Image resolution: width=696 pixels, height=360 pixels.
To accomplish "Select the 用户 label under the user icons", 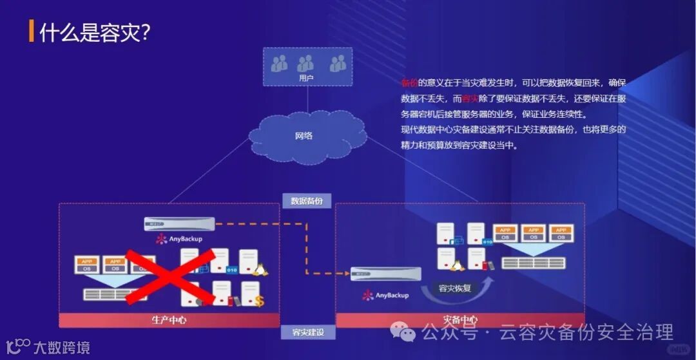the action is pyautogui.click(x=307, y=78).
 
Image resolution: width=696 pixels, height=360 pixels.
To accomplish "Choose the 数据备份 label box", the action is pyautogui.click(x=307, y=201).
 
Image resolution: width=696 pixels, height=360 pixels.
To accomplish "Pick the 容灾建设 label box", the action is pyautogui.click(x=307, y=332).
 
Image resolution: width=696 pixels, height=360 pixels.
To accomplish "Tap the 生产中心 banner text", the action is pyautogui.click(x=168, y=319).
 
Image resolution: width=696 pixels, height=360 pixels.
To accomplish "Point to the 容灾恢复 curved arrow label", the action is pyautogui.click(x=454, y=288).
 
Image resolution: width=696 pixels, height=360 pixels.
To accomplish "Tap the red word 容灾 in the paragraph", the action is pyautogui.click(x=470, y=99).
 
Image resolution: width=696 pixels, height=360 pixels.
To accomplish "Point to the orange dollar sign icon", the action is pyautogui.click(x=259, y=301).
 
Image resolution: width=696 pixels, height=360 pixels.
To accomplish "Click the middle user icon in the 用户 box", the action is pyautogui.click(x=305, y=63).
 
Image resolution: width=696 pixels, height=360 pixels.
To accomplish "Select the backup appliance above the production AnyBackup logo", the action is pyautogui.click(x=179, y=223).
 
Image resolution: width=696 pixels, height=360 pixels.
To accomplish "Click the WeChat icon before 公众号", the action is pyautogui.click(x=407, y=333).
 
